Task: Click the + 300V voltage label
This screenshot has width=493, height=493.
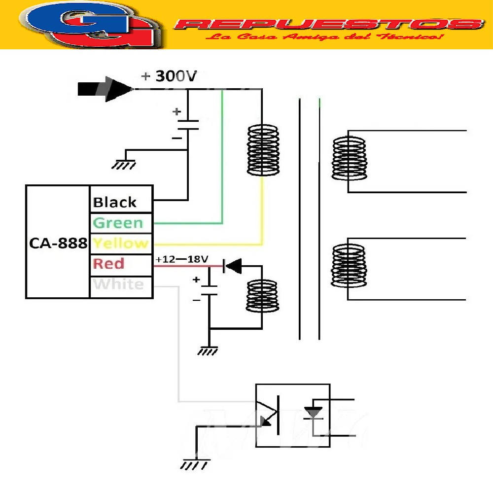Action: [x=169, y=76]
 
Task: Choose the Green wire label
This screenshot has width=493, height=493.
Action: [x=118, y=223]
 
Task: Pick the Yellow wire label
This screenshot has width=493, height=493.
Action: [x=120, y=243]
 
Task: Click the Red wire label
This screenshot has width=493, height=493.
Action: [x=109, y=264]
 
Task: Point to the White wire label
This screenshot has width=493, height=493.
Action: [x=118, y=284]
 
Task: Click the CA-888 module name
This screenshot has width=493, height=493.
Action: [x=58, y=243]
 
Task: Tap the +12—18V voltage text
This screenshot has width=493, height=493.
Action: [x=182, y=259]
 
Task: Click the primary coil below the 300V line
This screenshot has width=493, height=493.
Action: [x=262, y=150]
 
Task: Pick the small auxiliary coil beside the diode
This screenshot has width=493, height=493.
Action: [x=262, y=295]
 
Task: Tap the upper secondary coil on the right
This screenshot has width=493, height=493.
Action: [x=349, y=159]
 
